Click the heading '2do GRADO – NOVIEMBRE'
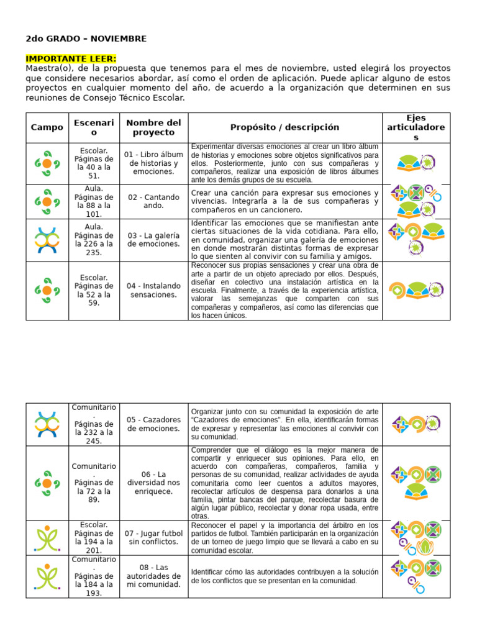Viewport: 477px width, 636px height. pos(86,39)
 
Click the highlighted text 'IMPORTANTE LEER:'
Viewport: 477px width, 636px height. pos(71,58)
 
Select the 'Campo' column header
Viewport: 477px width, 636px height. pos(47,127)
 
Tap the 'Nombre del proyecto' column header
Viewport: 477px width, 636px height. pos(153,127)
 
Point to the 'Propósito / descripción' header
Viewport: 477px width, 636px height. pos(284,127)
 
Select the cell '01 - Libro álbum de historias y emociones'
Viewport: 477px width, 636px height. pos(153,163)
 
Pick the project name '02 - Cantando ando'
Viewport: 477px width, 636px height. pos(153,201)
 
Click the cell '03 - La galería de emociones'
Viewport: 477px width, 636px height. pos(153,240)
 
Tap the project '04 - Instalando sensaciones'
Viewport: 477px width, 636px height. pos(153,290)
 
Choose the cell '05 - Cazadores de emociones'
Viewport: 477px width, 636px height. pos(153,424)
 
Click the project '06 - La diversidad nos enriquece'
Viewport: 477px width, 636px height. pos(153,483)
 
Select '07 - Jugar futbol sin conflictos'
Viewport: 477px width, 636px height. pos(153,537)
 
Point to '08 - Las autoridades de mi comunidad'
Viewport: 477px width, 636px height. pos(153,576)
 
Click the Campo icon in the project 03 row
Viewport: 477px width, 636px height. pos(47,240)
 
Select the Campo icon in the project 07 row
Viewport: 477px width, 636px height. pos(47,537)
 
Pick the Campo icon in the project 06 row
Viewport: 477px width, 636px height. pos(47,483)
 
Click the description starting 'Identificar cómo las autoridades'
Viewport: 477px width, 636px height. pos(284,576)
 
